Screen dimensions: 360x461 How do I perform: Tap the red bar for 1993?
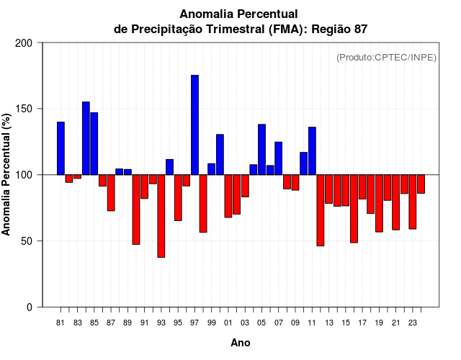161,216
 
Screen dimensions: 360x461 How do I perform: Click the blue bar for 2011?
312,151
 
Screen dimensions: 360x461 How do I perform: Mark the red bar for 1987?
111,193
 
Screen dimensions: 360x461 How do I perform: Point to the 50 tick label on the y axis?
28,241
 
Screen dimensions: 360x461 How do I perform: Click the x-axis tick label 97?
194,323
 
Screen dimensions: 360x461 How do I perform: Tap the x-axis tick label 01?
228,323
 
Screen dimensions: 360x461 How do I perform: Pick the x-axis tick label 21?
395,323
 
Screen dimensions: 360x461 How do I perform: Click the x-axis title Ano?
241,343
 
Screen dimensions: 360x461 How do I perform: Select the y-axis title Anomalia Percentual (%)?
7,175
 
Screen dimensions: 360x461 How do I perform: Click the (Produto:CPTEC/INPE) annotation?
386,58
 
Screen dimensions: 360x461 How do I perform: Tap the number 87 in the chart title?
361,29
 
